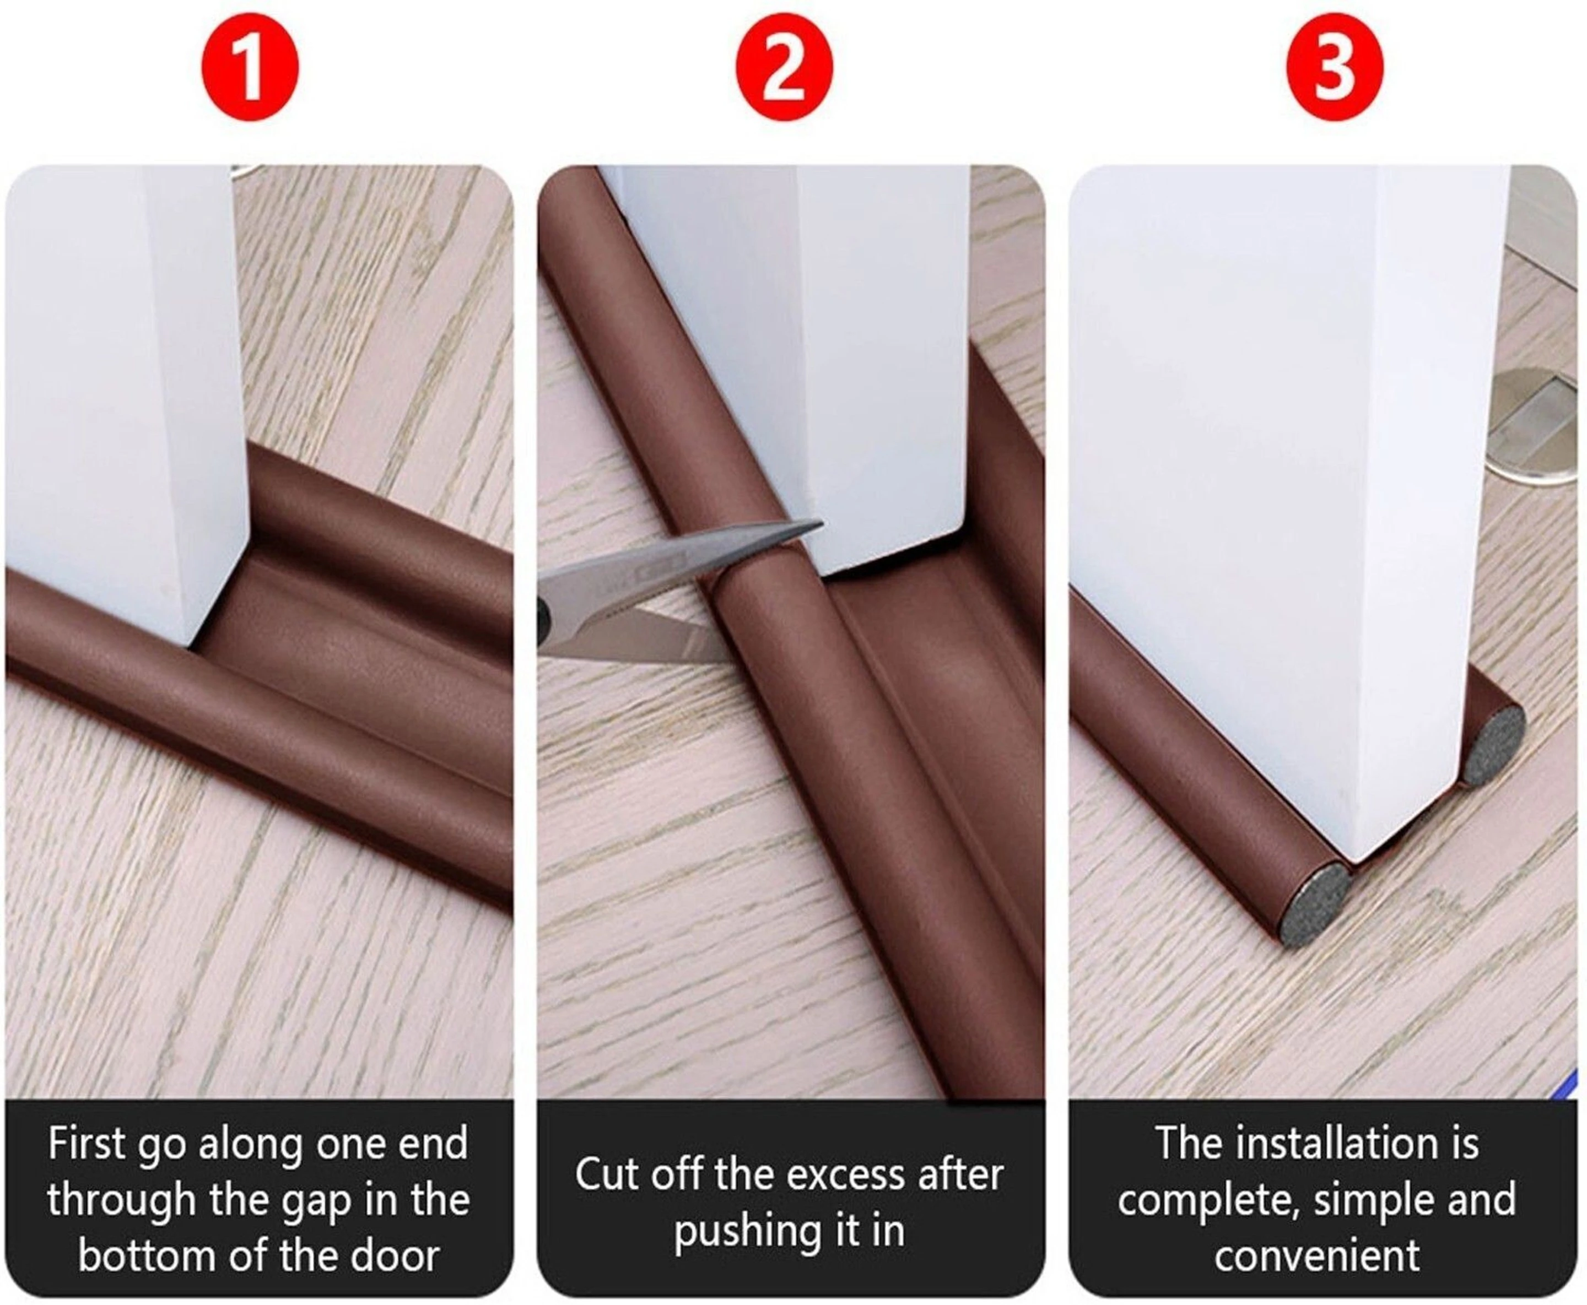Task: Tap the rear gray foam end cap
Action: tap(1492, 744)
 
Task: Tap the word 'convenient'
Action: tap(1317, 1258)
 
